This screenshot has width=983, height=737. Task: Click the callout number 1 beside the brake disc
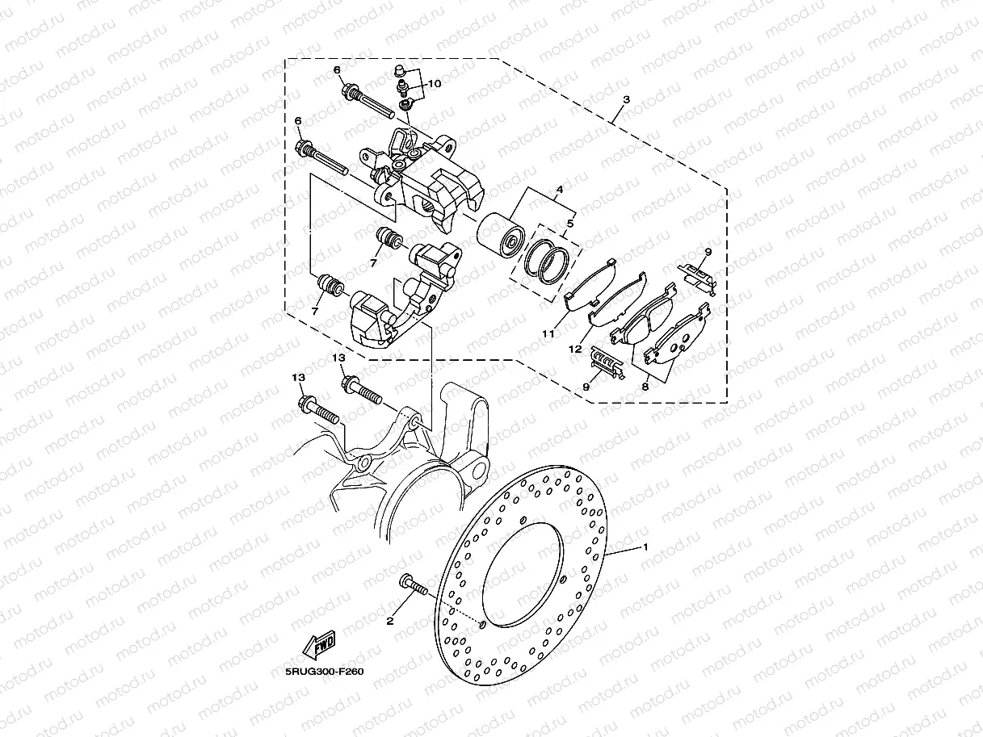click(x=645, y=546)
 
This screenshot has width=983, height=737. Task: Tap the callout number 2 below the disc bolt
click(x=390, y=621)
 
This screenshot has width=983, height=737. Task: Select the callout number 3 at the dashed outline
click(x=627, y=99)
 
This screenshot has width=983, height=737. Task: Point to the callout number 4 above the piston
click(x=559, y=190)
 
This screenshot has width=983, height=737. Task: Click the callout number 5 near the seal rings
click(x=570, y=223)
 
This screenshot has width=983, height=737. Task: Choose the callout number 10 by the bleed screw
click(x=435, y=84)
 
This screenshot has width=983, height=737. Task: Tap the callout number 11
click(x=548, y=333)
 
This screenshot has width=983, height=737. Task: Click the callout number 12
click(x=575, y=349)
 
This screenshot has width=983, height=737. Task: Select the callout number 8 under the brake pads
click(x=645, y=387)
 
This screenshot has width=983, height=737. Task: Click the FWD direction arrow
click(x=319, y=645)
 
